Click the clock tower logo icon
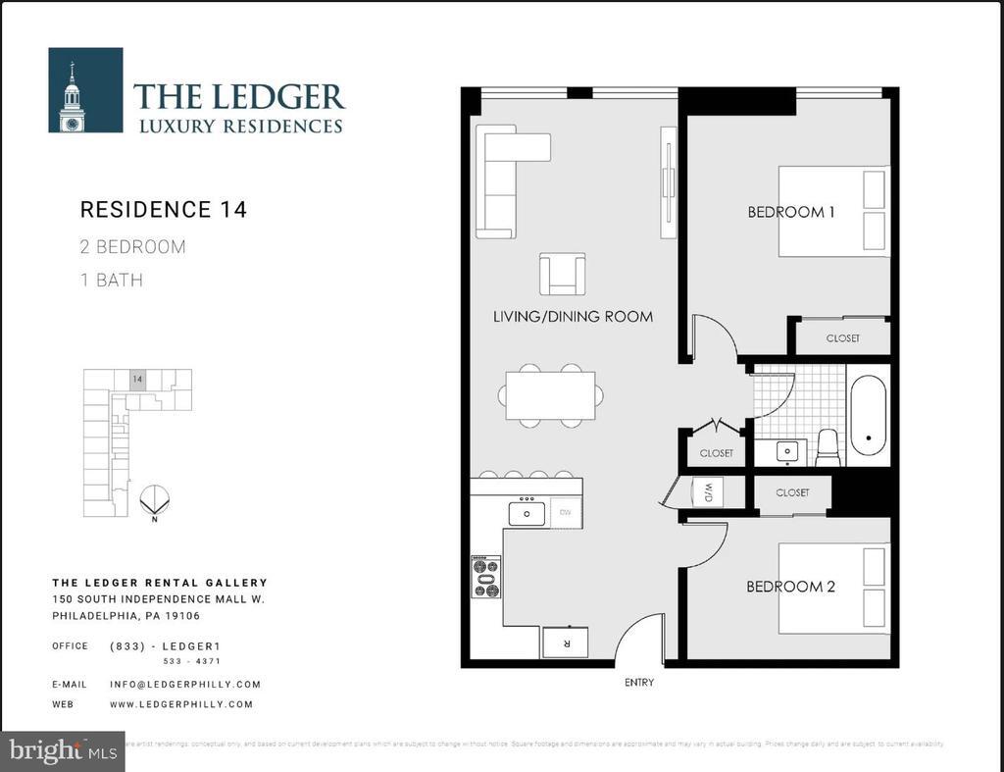(85, 90)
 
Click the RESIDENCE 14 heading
(163, 210)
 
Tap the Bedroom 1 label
(790, 212)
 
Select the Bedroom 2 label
(790, 587)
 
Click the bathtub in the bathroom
(868, 416)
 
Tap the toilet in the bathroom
(828, 447)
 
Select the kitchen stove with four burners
(486, 577)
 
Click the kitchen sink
(527, 513)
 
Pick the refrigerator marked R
(566, 643)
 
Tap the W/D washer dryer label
(706, 491)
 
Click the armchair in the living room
(562, 274)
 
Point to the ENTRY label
(638, 682)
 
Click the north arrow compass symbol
(154, 501)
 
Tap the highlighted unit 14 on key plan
(138, 380)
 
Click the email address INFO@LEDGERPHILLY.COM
(184, 685)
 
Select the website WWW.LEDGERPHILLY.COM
(180, 704)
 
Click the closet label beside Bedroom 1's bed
(841, 338)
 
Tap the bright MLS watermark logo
(63, 751)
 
